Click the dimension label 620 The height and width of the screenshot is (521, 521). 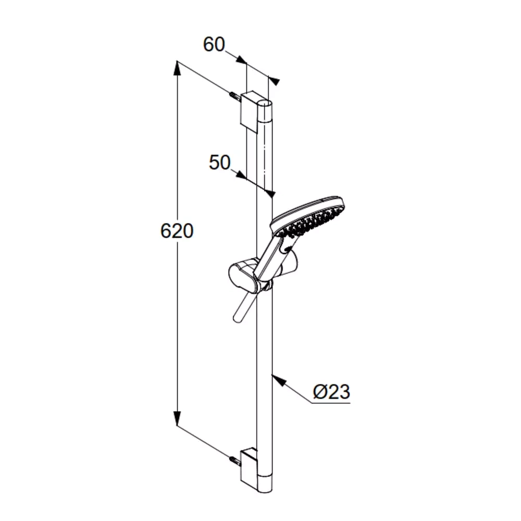pyautogui.click(x=177, y=231)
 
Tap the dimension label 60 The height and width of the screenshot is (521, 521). pyautogui.click(x=214, y=44)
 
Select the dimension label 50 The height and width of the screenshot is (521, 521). pyautogui.click(x=220, y=163)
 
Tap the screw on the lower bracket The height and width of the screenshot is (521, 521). pyautogui.click(x=234, y=461)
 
